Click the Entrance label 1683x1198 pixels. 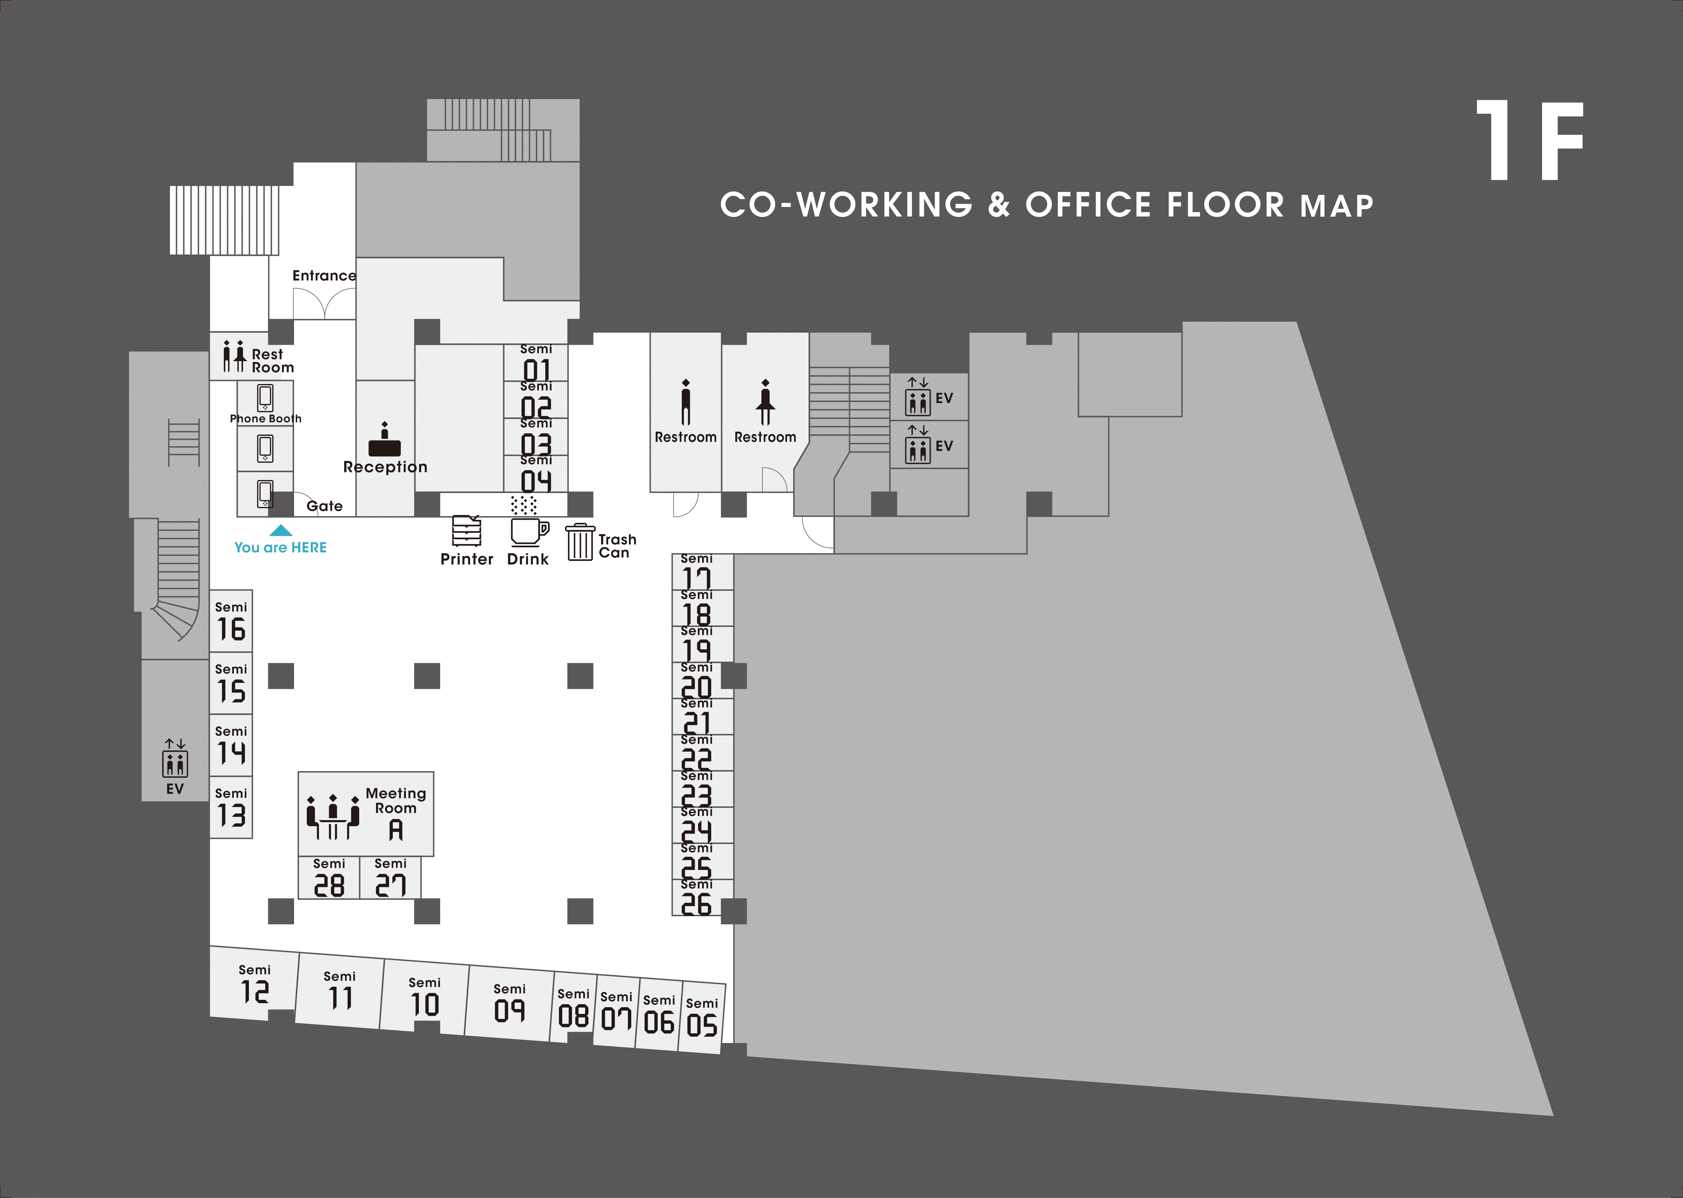pos(324,276)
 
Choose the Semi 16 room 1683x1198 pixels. pos(231,621)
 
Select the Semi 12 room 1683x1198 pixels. pos(254,984)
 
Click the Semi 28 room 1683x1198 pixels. pos(329,878)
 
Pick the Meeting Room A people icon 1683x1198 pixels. pos(333,817)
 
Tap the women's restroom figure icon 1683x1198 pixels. pos(765,402)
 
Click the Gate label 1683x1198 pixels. pos(324,506)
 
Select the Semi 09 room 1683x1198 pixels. pos(509,1003)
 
